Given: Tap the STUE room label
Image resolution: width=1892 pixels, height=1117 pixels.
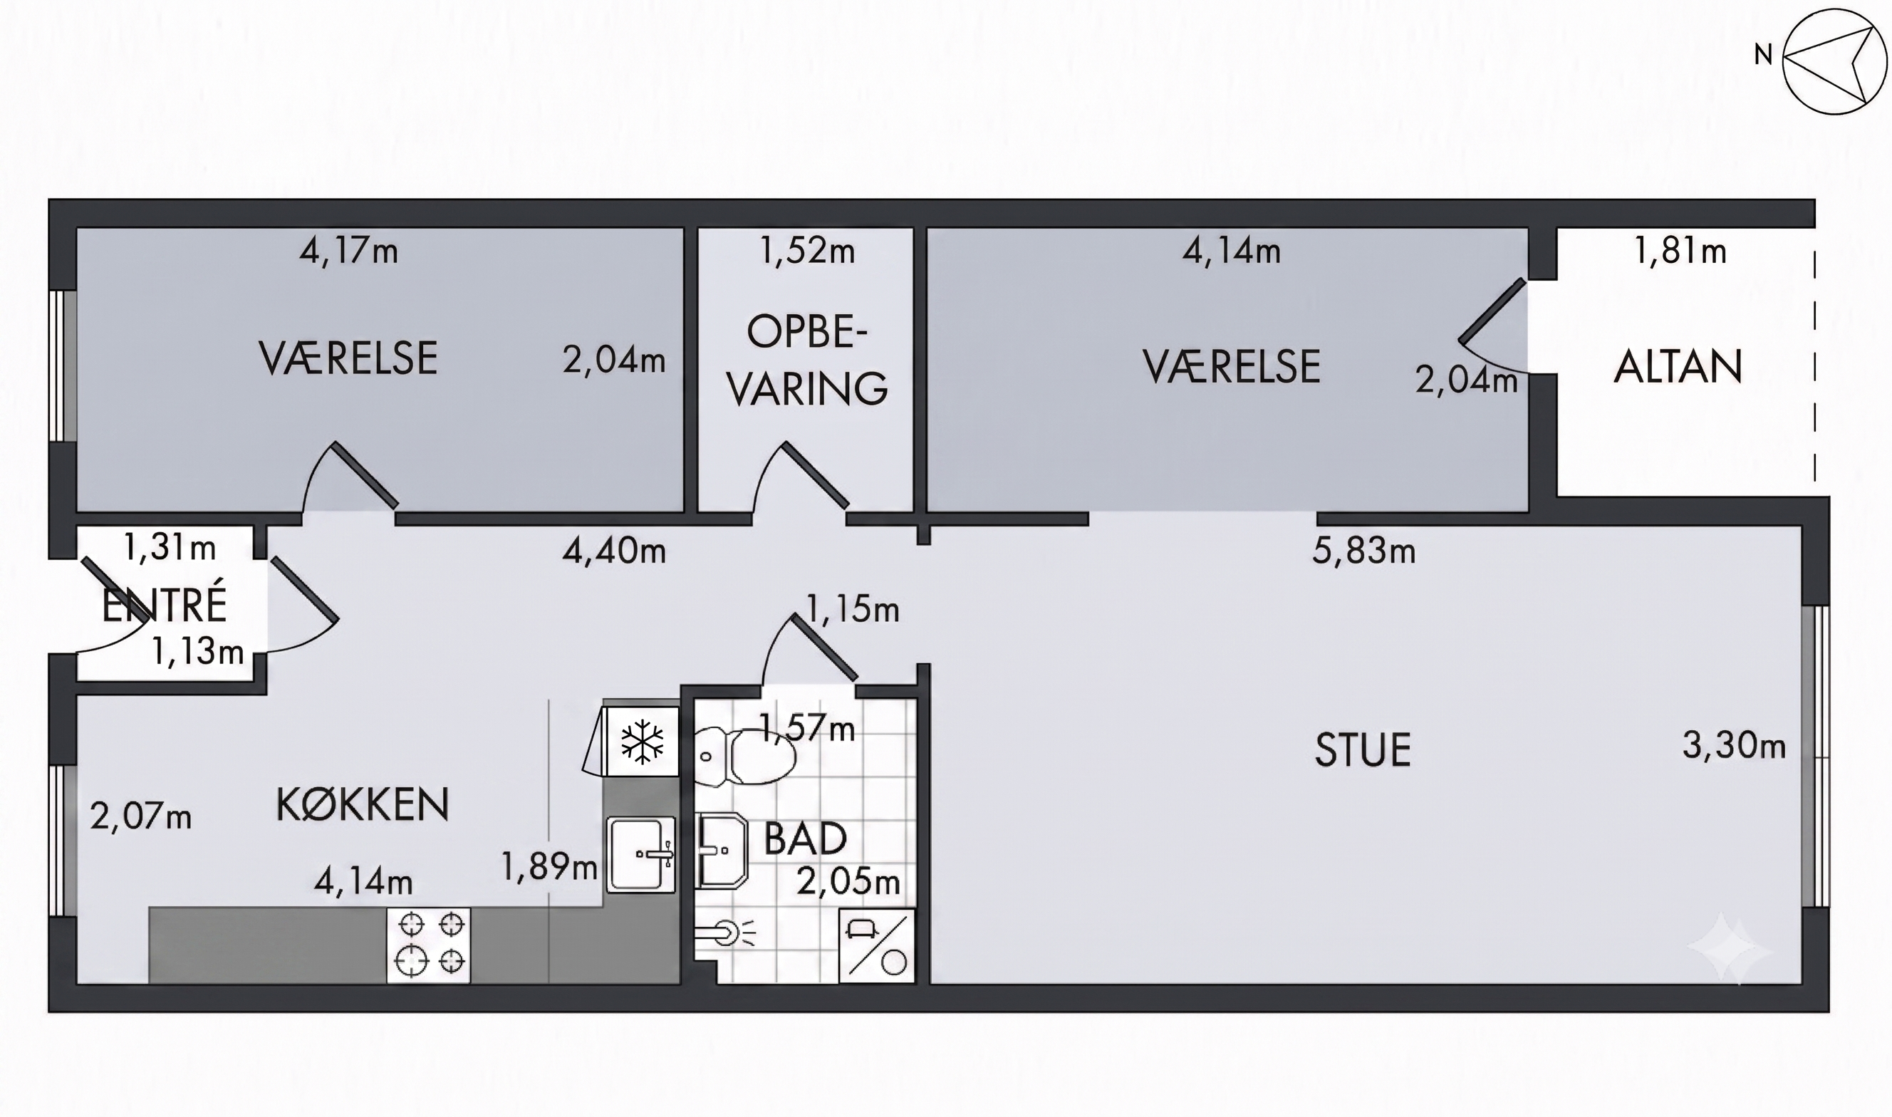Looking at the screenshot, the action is [x=1362, y=750].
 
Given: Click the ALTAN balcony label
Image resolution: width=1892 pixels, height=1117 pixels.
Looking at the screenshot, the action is [x=1678, y=367].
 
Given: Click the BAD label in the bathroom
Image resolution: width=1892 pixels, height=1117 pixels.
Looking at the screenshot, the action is [x=805, y=838].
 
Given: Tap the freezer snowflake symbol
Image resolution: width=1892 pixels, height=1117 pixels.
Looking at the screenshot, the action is [x=642, y=742].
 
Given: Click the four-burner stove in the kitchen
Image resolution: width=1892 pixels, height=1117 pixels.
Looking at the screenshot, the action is [x=429, y=945].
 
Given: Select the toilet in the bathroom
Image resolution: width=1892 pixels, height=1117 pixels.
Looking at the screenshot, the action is [x=745, y=757].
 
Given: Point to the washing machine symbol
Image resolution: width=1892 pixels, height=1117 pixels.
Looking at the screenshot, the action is [x=877, y=945].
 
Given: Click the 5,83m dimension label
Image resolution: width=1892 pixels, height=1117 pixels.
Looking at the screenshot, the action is [x=1363, y=551].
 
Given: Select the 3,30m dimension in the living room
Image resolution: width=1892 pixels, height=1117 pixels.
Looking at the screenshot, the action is [x=1734, y=746].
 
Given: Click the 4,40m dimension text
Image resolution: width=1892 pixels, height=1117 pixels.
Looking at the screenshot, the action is [x=614, y=551].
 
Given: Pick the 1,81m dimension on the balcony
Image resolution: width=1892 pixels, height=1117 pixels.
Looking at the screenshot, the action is [x=1680, y=251].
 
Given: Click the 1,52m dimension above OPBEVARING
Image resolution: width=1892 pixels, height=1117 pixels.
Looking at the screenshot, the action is [x=808, y=251].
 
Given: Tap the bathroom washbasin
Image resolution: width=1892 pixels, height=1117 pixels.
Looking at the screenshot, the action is [x=722, y=851].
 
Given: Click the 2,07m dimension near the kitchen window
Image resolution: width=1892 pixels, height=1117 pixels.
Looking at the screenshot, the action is [x=141, y=816].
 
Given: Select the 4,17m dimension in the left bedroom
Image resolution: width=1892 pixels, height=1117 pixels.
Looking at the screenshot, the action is [x=348, y=251].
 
